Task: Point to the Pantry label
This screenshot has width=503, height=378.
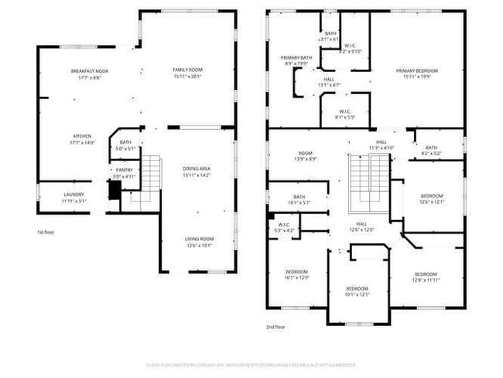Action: point(125,174)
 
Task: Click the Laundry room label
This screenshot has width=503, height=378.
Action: point(74,198)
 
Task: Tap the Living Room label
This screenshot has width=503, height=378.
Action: point(198,242)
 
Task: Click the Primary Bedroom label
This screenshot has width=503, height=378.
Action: point(417,74)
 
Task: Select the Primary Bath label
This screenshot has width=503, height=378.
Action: point(296,60)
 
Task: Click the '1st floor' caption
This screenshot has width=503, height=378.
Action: point(45,232)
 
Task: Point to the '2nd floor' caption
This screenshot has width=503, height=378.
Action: point(276,327)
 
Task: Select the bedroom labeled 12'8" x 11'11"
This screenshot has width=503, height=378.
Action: point(426,277)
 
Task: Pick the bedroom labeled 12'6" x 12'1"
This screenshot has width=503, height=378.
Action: point(432,198)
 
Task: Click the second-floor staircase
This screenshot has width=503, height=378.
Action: point(368,183)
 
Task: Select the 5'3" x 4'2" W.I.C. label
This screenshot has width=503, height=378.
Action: point(283,229)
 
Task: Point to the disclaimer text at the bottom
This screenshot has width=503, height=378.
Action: point(251,364)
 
